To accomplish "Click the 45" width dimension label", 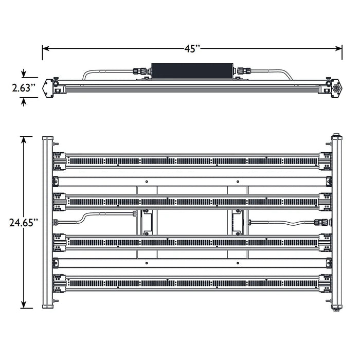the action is coord(192,49).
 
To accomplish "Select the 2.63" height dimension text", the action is coord(24,88).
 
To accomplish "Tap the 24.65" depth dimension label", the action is coord(24,223).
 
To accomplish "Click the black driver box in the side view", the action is coord(192,71).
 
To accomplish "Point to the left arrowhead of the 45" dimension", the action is coord(45,49).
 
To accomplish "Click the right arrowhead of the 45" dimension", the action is coord(339,49).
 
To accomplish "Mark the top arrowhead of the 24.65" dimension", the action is coord(24,140).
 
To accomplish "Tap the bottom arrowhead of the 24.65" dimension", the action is coord(24,305).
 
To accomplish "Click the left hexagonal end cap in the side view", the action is coord(48,88).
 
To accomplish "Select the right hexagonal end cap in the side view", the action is coord(336,88).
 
